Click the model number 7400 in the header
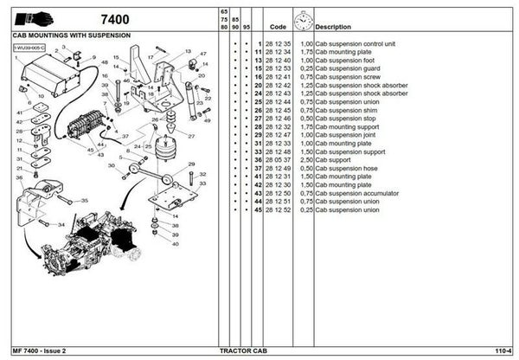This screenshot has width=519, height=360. (114, 18)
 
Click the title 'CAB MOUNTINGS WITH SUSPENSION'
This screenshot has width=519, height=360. (72, 36)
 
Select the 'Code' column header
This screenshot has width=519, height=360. (278, 27)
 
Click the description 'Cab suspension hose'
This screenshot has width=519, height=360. (346, 168)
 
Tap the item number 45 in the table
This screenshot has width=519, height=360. (258, 209)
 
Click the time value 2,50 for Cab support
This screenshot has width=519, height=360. (305, 160)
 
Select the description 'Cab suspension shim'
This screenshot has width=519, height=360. (346, 110)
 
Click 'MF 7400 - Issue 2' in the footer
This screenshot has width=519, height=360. (40, 350)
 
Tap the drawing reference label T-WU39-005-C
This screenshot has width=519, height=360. (29, 47)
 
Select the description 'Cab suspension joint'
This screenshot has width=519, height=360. (346, 135)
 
